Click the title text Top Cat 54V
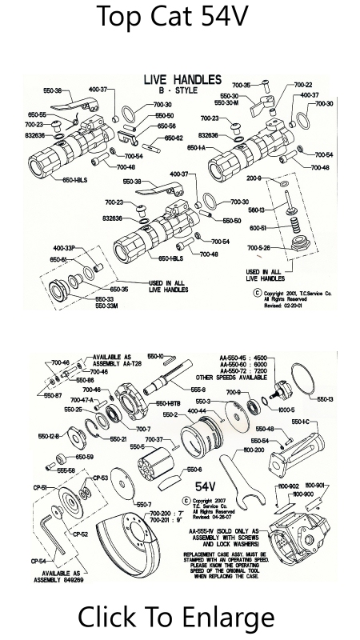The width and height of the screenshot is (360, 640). click(180, 18)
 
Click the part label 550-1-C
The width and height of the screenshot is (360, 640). click(302, 422)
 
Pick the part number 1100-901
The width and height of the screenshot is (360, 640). click(335, 485)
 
